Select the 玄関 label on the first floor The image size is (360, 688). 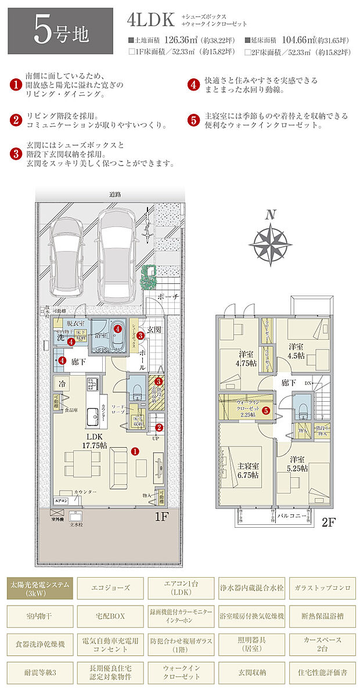point(154,329)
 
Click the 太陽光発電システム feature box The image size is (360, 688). point(40,588)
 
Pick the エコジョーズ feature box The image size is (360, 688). point(109,588)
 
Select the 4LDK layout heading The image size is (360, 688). point(151,21)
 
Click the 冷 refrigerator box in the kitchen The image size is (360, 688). point(61,383)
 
